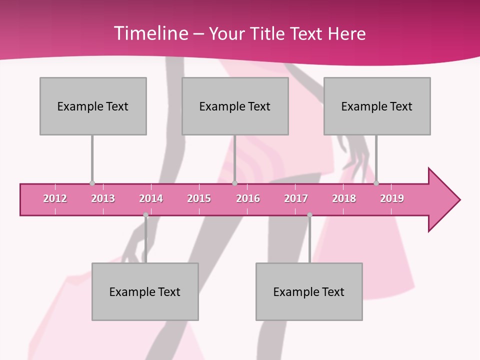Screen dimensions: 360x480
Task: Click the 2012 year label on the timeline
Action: pyautogui.click(x=55, y=198)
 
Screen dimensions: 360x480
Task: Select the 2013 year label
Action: pyautogui.click(x=103, y=198)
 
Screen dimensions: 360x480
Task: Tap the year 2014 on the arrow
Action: pyautogui.click(x=151, y=198)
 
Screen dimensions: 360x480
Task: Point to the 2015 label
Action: pyautogui.click(x=199, y=198)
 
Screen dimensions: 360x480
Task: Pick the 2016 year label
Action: pyautogui.click(x=248, y=198)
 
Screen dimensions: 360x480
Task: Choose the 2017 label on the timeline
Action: pyautogui.click(x=296, y=198)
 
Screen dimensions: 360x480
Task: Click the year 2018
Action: pyautogui.click(x=344, y=198)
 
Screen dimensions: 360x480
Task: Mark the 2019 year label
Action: pyautogui.click(x=392, y=198)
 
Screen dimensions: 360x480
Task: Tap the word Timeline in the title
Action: pyautogui.click(x=149, y=33)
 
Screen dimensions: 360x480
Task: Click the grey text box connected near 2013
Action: pyautogui.click(x=93, y=106)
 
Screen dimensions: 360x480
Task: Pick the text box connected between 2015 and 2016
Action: pyautogui.click(x=235, y=106)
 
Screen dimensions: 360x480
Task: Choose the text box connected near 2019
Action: pyautogui.click(x=377, y=106)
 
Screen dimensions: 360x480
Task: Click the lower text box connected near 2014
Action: pyautogui.click(x=145, y=291)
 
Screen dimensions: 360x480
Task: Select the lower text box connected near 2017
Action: pyautogui.click(x=309, y=291)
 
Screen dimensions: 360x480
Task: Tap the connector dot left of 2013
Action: pyautogui.click(x=92, y=183)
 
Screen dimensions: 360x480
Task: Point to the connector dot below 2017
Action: pyautogui.click(x=309, y=215)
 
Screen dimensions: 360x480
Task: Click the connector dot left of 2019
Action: pyautogui.click(x=376, y=183)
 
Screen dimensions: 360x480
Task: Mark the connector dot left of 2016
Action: pyautogui.click(x=235, y=183)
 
